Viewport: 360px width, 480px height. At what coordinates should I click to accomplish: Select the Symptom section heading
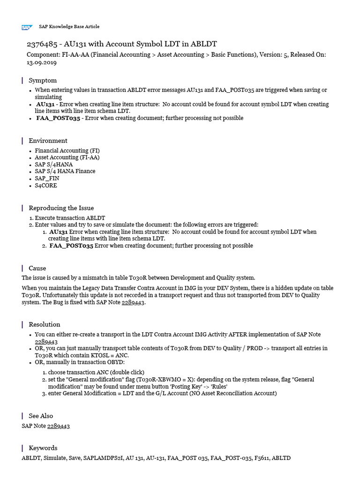coord(43,81)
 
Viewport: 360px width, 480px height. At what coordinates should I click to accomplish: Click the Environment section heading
coord(48,141)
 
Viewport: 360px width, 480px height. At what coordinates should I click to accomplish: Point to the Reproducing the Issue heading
coord(61,208)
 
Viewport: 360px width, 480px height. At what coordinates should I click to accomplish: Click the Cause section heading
coord(37,268)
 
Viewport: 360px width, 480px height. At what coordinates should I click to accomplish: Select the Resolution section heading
coord(45,324)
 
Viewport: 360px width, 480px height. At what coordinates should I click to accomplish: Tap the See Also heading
coord(41,416)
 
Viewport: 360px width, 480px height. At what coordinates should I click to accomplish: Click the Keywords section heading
coord(43,448)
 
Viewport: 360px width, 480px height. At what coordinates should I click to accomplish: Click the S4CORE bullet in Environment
coord(46,186)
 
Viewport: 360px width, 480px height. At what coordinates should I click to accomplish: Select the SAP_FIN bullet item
coord(47,179)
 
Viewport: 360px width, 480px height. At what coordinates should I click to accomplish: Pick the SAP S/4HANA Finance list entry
coord(65,172)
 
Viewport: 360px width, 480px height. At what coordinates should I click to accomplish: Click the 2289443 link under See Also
coord(59,426)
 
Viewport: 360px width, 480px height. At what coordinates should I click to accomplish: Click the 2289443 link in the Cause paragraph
coord(134,303)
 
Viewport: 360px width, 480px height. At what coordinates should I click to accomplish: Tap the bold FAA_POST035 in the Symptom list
coord(58,119)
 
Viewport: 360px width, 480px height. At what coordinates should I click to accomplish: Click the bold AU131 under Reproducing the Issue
coord(59,232)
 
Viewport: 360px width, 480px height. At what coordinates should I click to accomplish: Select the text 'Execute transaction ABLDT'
coord(70,218)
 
